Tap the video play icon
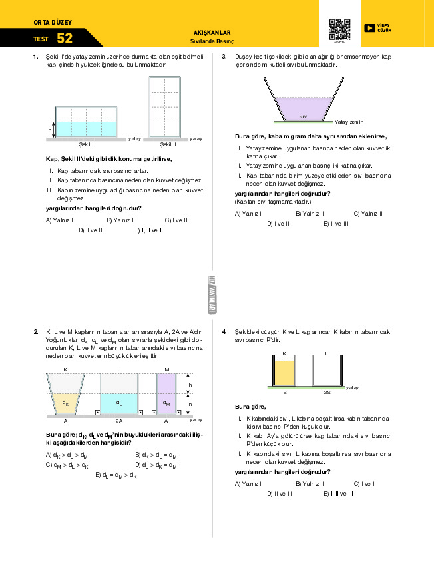pyautogui.click(x=369, y=28)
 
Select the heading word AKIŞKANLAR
pyautogui.click(x=211, y=32)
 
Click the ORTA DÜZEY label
pyautogui.click(x=53, y=22)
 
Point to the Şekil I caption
pyautogui.click(x=86, y=144)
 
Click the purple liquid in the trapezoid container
pyautogui.click(x=304, y=106)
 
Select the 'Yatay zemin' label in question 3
pyautogui.click(x=349, y=122)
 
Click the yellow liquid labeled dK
pyautogui.click(x=65, y=403)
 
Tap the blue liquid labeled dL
pyautogui.click(x=119, y=403)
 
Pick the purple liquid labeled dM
pyautogui.click(x=166, y=403)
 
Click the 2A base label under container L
pyautogui.click(x=119, y=421)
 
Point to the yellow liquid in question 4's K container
pyautogui.click(x=284, y=373)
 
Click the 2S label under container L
pyautogui.click(x=327, y=393)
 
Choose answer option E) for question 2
pyautogui.click(x=117, y=475)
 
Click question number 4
pyautogui.click(x=224, y=331)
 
